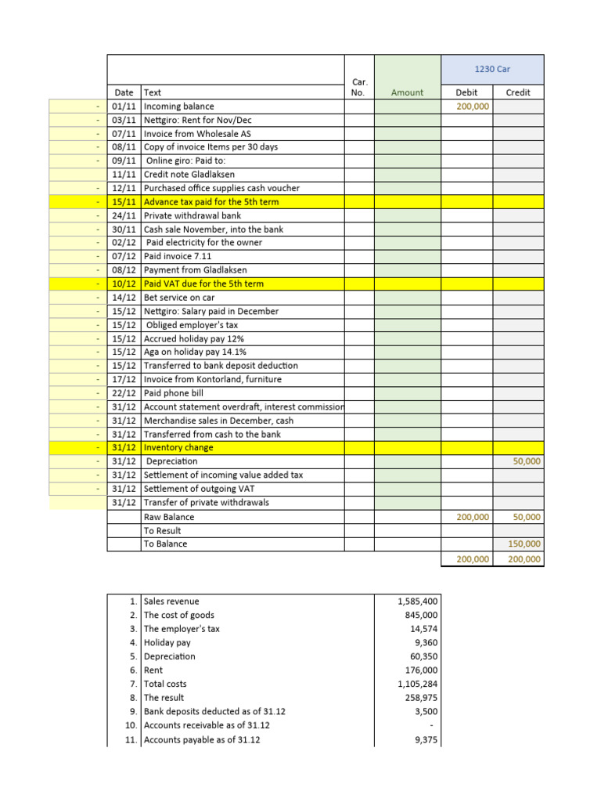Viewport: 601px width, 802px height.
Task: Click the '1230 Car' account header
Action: click(x=492, y=69)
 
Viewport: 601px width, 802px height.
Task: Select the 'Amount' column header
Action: click(x=407, y=92)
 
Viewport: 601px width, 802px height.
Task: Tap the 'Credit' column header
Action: click(x=518, y=92)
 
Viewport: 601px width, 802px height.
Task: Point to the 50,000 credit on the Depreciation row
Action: click(x=527, y=461)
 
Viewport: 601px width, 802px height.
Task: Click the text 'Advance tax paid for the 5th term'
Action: click(x=211, y=202)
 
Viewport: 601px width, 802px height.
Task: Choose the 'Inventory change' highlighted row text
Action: click(x=178, y=448)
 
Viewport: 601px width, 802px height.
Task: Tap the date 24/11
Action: click(x=124, y=215)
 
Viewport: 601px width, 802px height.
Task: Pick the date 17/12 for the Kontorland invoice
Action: click(x=124, y=379)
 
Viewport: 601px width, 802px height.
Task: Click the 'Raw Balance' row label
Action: click(x=169, y=517)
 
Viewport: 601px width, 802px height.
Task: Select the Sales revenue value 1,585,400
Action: click(x=418, y=601)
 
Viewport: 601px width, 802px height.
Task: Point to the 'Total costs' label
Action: click(x=165, y=684)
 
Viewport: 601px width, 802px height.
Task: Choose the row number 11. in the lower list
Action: click(x=131, y=739)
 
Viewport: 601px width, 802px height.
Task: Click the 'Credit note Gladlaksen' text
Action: click(x=189, y=175)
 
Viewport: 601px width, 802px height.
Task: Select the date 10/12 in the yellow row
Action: click(x=124, y=284)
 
